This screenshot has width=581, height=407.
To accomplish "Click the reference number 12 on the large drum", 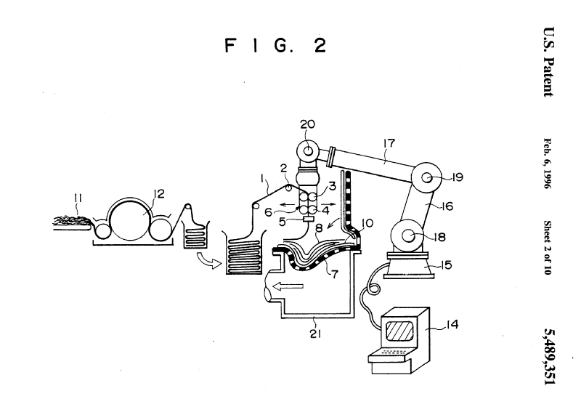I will [x=159, y=193].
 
